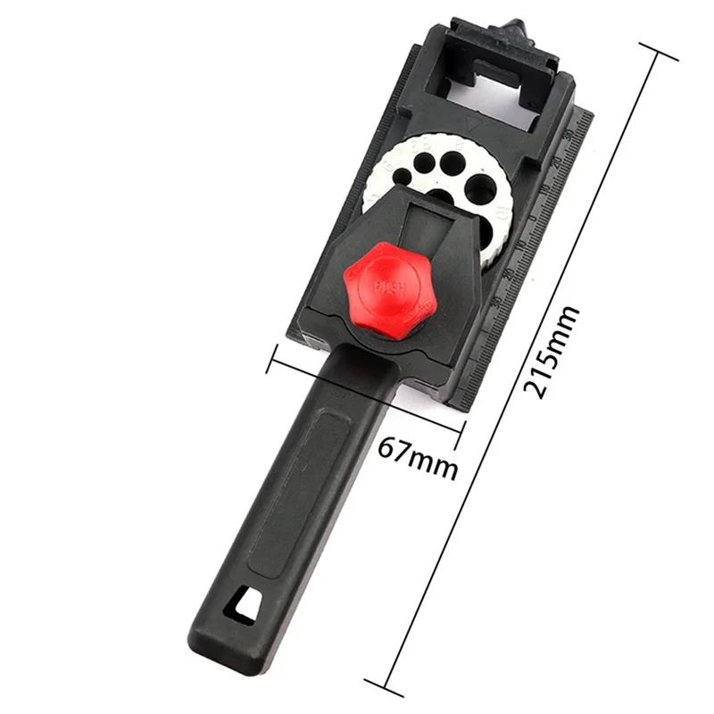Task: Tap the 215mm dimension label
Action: (551, 353)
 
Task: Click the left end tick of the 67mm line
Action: (271, 362)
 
